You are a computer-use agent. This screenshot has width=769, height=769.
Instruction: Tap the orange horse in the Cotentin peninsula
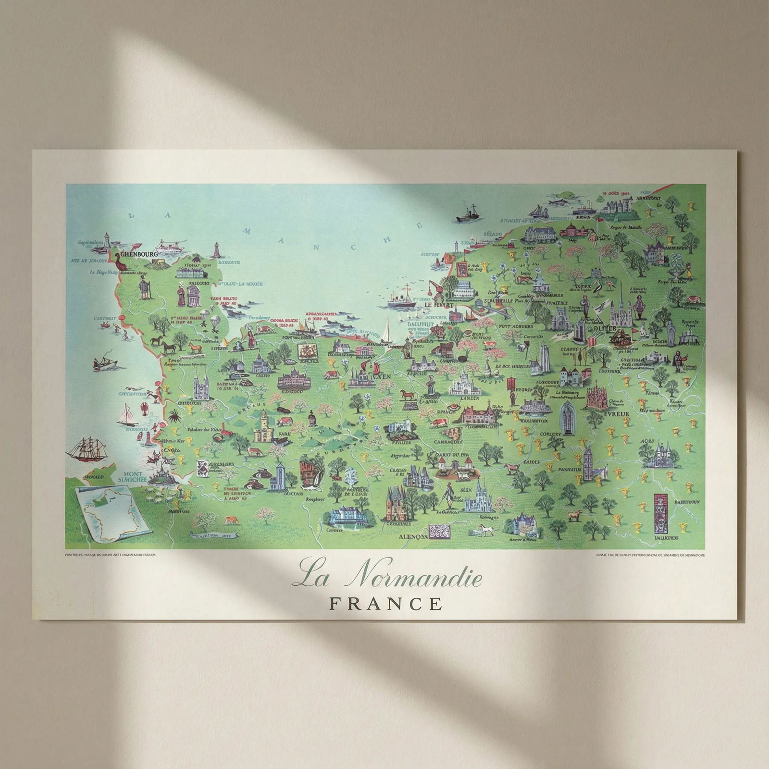click(x=195, y=347)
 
